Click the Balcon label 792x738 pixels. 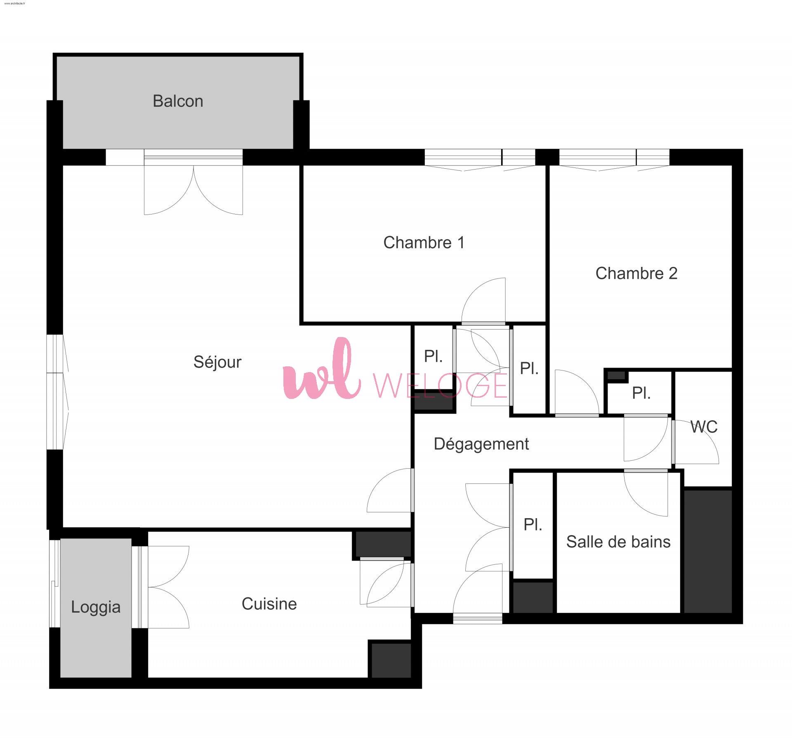pos(178,101)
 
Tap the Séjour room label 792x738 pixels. pos(217,362)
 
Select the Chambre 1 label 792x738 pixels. pos(424,243)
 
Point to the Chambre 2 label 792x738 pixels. pos(636,273)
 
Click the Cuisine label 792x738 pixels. pos(269,604)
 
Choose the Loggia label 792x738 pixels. pos(96,607)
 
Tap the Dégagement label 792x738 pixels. pos(481,444)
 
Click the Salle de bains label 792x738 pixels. pos(618,542)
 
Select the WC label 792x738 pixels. pos(704,427)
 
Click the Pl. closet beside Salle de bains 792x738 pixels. pos(533,525)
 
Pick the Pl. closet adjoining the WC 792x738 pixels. pos(641,393)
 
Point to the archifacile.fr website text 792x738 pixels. pos(15,3)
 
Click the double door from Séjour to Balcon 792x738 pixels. pos(193,190)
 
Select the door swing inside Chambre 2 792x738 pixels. pos(577,392)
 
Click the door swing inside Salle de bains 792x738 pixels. pos(646,494)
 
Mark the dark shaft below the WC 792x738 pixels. pos(708,551)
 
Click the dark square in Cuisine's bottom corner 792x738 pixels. pos(391,660)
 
